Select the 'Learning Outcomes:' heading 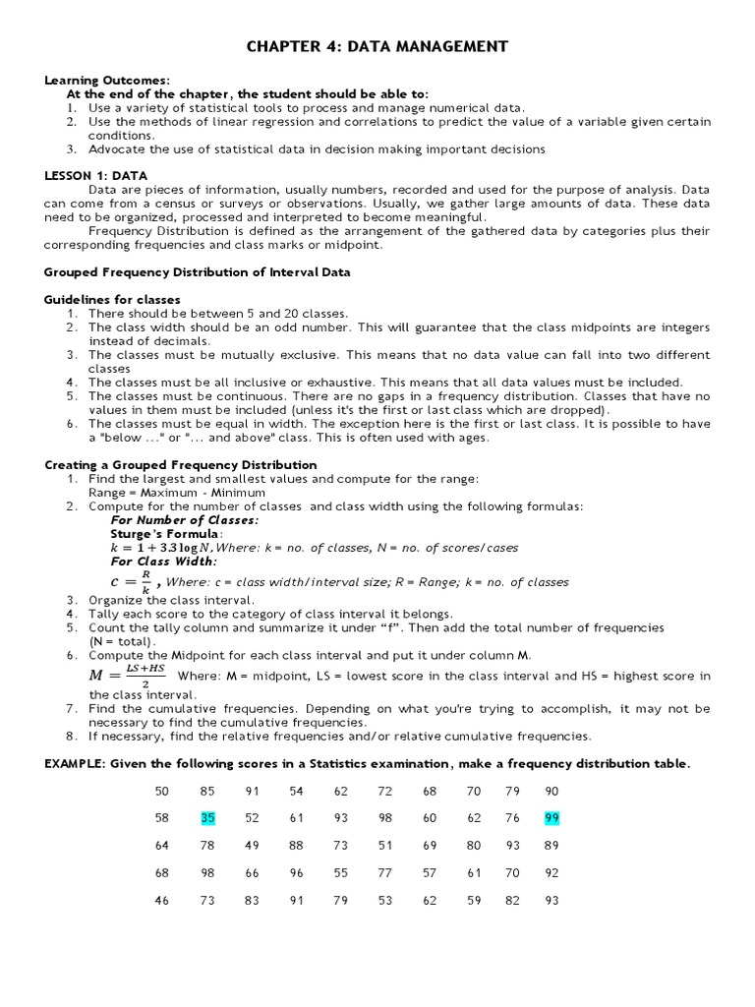(x=107, y=80)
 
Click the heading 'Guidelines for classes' (x=113, y=299)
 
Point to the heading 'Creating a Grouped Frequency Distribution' (x=181, y=464)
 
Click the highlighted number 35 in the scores (x=207, y=817)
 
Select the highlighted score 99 (x=551, y=817)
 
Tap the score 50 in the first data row (x=162, y=791)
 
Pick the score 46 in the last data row (x=162, y=900)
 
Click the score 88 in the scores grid (x=296, y=845)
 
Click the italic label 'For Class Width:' (x=164, y=561)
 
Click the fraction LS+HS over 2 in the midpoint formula (x=145, y=676)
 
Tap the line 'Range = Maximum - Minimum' (x=176, y=492)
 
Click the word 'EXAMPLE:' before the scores (x=76, y=763)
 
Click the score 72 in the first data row (x=384, y=791)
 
